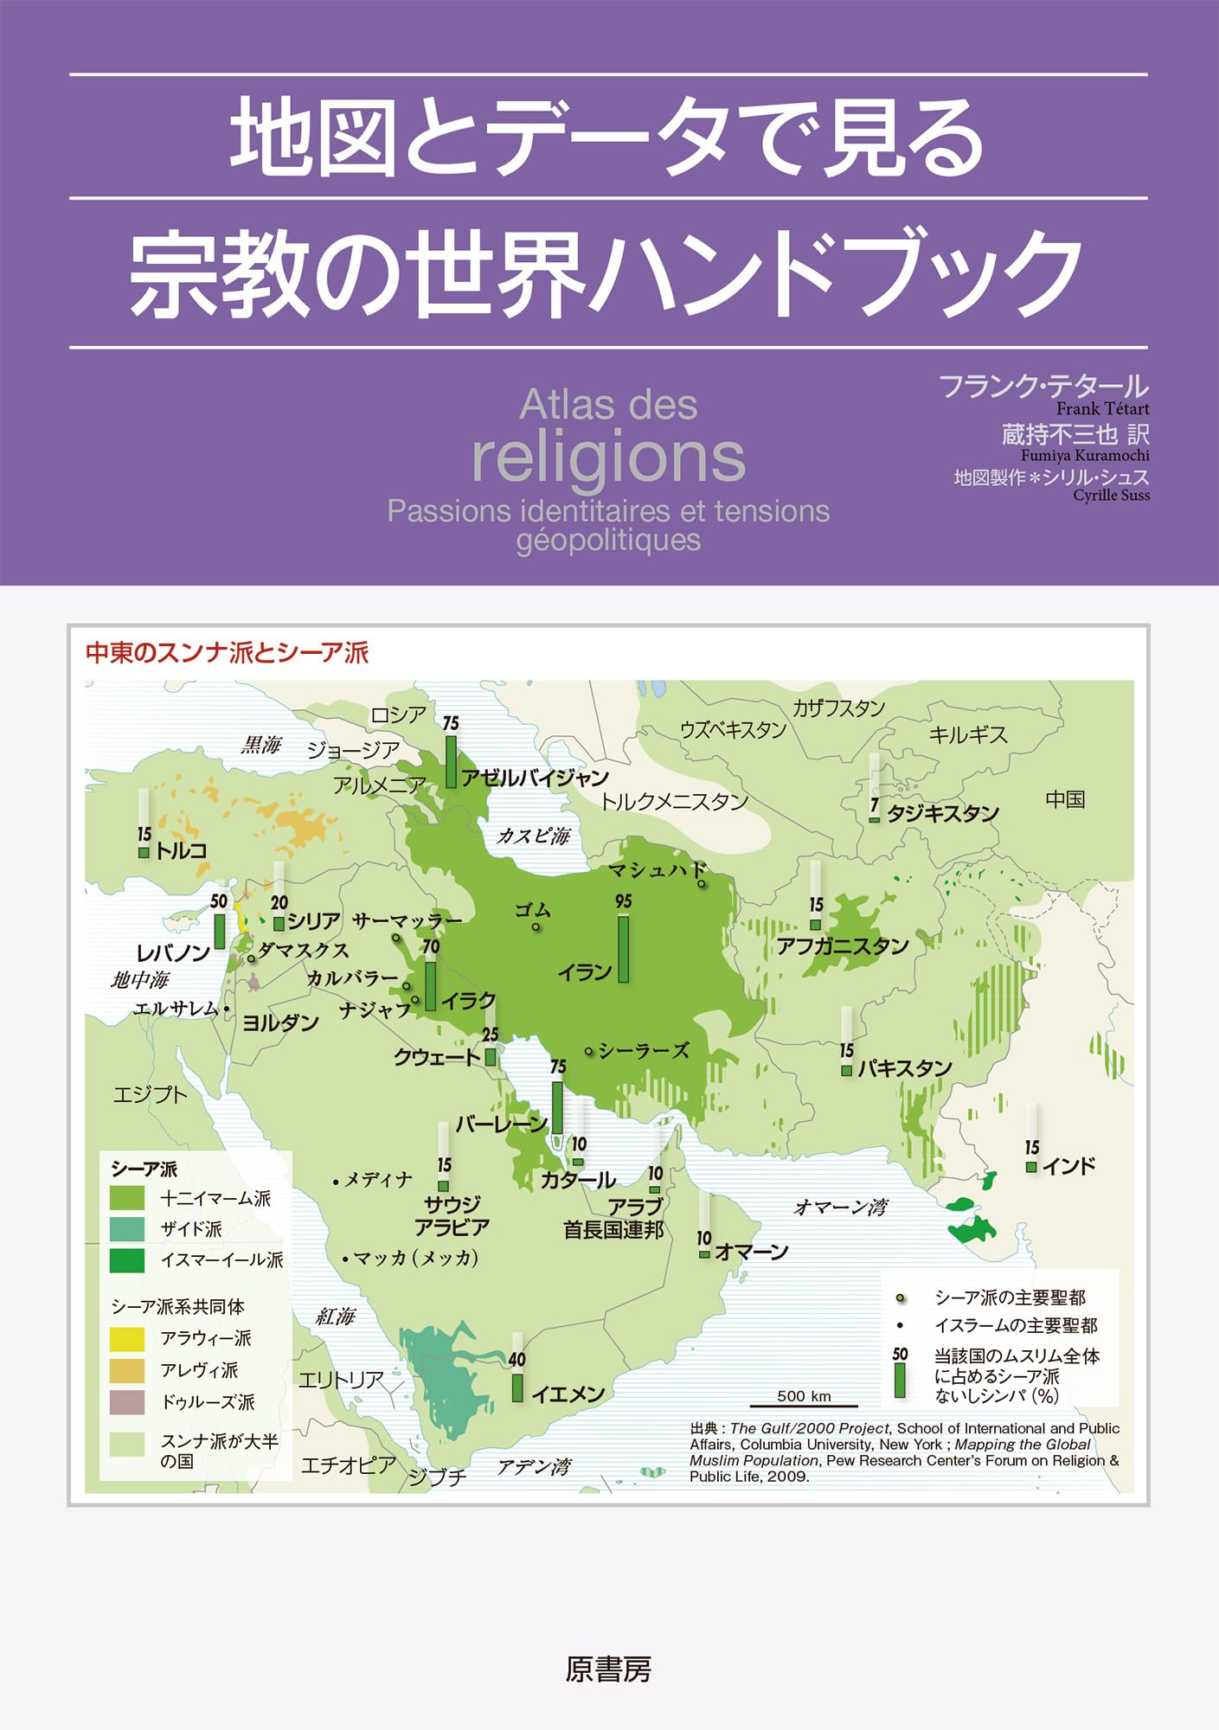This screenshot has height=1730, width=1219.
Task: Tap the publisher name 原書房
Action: [x=608, y=1669]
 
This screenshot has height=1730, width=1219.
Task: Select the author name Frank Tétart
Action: [x=1102, y=409]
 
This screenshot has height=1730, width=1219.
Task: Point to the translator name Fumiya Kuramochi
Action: [x=1085, y=455]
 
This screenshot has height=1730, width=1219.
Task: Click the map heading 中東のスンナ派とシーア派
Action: [x=227, y=652]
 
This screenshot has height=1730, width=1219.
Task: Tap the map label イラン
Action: [x=584, y=972]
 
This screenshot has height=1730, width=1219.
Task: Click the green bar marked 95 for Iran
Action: [x=623, y=949]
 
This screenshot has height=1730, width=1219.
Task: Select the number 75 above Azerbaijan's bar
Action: [x=451, y=723]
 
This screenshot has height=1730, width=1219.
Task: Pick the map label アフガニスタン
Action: [x=842, y=945]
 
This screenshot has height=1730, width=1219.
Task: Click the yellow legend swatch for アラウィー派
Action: [x=127, y=1338]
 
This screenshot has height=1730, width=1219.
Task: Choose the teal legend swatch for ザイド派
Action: [x=127, y=1228]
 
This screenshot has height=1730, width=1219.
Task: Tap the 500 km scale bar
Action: [x=804, y=1406]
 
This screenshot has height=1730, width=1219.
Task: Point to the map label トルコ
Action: [x=181, y=850]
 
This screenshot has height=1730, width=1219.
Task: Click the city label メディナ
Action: [x=378, y=1180]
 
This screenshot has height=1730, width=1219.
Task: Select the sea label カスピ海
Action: [x=533, y=836]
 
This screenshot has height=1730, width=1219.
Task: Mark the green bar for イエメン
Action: [x=517, y=1387]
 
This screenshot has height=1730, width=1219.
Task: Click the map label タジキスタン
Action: [x=942, y=813]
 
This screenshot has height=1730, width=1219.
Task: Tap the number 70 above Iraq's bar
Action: [x=431, y=947]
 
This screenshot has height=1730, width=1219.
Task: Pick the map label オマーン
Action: [x=751, y=1252]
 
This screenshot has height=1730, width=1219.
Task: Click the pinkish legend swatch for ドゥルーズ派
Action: [x=127, y=1402]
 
